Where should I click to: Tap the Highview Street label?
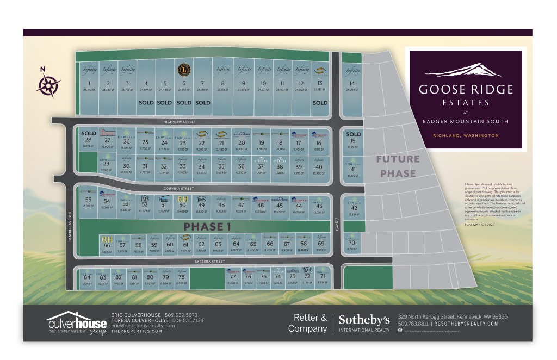tap(182, 122)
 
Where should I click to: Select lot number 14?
tap(352, 83)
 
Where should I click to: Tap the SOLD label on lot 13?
tap(320, 102)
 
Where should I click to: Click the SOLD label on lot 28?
tap(88, 133)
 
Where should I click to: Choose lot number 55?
tap(88, 200)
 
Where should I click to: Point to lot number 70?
tap(352, 243)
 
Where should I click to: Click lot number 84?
tap(86, 277)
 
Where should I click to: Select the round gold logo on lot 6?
tap(184, 70)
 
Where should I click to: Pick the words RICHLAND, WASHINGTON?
tap(465, 135)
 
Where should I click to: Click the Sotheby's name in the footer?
tap(364, 319)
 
